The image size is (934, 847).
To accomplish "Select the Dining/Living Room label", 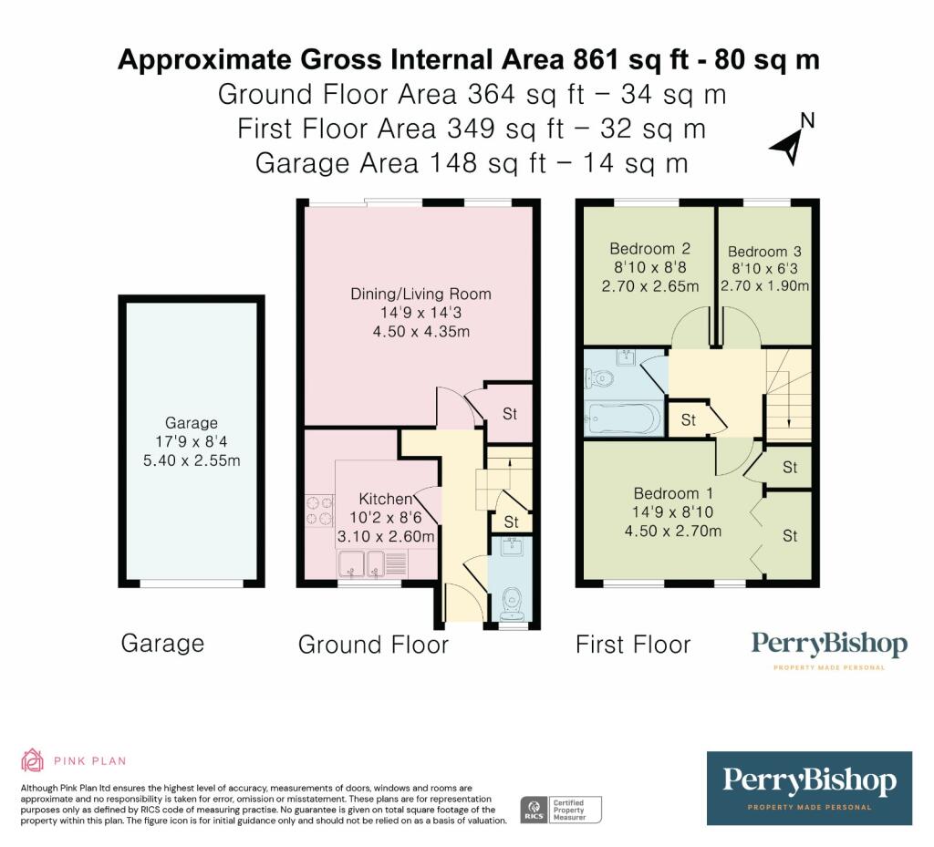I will (420, 294).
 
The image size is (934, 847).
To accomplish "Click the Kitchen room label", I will (386, 499).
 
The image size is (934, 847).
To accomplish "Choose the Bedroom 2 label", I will (649, 249).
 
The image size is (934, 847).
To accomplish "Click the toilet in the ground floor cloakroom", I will (512, 603).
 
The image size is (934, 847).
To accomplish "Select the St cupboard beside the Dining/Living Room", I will (509, 413).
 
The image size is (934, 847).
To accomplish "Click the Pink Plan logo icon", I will (33, 760).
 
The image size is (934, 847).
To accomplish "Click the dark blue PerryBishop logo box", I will (809, 788).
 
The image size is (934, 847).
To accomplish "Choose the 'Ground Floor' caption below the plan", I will (373, 646).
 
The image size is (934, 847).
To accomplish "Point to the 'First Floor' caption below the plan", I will (632, 646).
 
